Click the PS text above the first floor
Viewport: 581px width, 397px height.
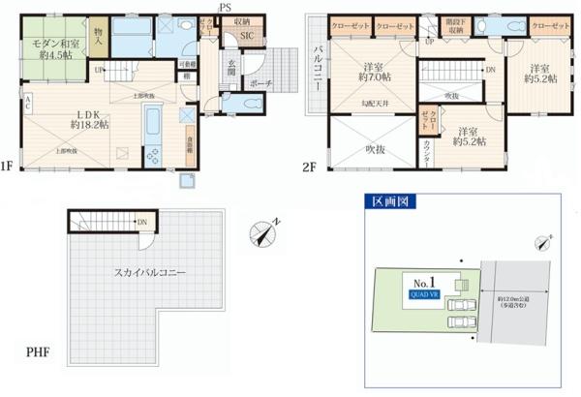point(225,8)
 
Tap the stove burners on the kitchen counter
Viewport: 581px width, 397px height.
point(153,154)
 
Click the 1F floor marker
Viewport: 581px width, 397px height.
point(7,167)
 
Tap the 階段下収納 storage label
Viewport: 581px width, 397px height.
point(453,26)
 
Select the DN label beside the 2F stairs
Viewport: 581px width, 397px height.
point(491,69)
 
